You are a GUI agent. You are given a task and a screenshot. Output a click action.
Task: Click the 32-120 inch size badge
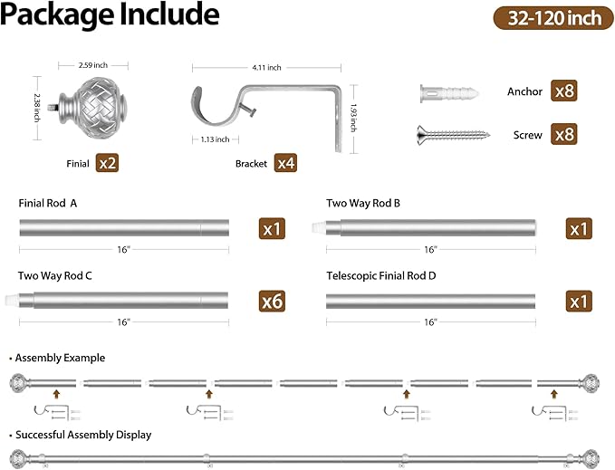coord(553,18)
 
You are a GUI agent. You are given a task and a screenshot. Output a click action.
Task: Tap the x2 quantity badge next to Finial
coord(107,163)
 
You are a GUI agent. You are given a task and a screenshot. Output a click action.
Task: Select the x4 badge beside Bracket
coord(285,163)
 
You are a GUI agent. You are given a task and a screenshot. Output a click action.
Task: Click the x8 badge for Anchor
coord(564,91)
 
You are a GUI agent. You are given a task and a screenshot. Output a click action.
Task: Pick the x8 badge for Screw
coord(564,134)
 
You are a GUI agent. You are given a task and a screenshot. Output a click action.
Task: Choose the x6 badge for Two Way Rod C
coord(272,301)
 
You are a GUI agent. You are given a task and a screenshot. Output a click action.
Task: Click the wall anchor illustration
coord(449,93)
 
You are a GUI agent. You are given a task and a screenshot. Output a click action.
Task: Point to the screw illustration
coord(453,135)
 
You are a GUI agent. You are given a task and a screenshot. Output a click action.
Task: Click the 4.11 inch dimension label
coord(266,67)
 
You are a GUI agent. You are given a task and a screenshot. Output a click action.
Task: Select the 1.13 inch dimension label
coord(215,139)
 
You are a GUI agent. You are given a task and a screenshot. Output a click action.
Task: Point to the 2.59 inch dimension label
coord(93,65)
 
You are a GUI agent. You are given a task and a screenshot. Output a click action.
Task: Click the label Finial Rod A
coord(48,203)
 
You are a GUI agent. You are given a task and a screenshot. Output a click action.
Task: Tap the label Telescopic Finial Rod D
coord(380,276)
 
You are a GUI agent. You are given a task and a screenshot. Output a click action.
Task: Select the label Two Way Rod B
coord(363,203)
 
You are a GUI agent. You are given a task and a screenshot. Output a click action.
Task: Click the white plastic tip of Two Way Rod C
coord(12,301)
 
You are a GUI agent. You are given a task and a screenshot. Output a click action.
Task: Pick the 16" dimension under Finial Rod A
coord(123,249)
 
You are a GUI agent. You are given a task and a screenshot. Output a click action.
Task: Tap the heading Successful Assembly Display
coord(83,435)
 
